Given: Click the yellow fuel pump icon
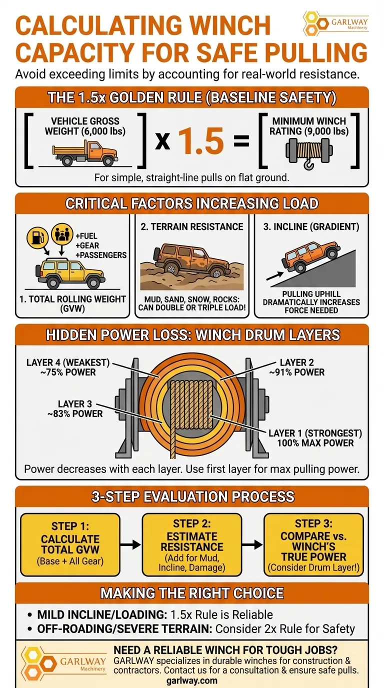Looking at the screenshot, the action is coord(37,237).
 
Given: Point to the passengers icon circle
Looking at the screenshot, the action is coord(61,233).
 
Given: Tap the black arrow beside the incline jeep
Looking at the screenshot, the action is coord(275,276).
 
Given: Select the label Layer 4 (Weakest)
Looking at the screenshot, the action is coord(68,362).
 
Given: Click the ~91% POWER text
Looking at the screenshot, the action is coord(297,372).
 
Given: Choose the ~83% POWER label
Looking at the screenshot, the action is coord(75,413).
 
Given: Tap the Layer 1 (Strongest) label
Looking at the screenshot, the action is coord(315,433).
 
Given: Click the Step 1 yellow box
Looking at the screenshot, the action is coord(70,544).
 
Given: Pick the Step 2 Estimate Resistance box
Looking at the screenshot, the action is coord(191,544).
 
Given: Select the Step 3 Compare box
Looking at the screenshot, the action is coord(313,544).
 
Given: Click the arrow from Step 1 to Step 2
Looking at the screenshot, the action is coord(130,545).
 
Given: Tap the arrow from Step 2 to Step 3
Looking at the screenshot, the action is coord(252,545).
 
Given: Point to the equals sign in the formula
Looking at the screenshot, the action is coord(241,142).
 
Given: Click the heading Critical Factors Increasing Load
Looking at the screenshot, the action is coord(191,203).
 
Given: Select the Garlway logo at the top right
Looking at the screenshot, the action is coord(335,23).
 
